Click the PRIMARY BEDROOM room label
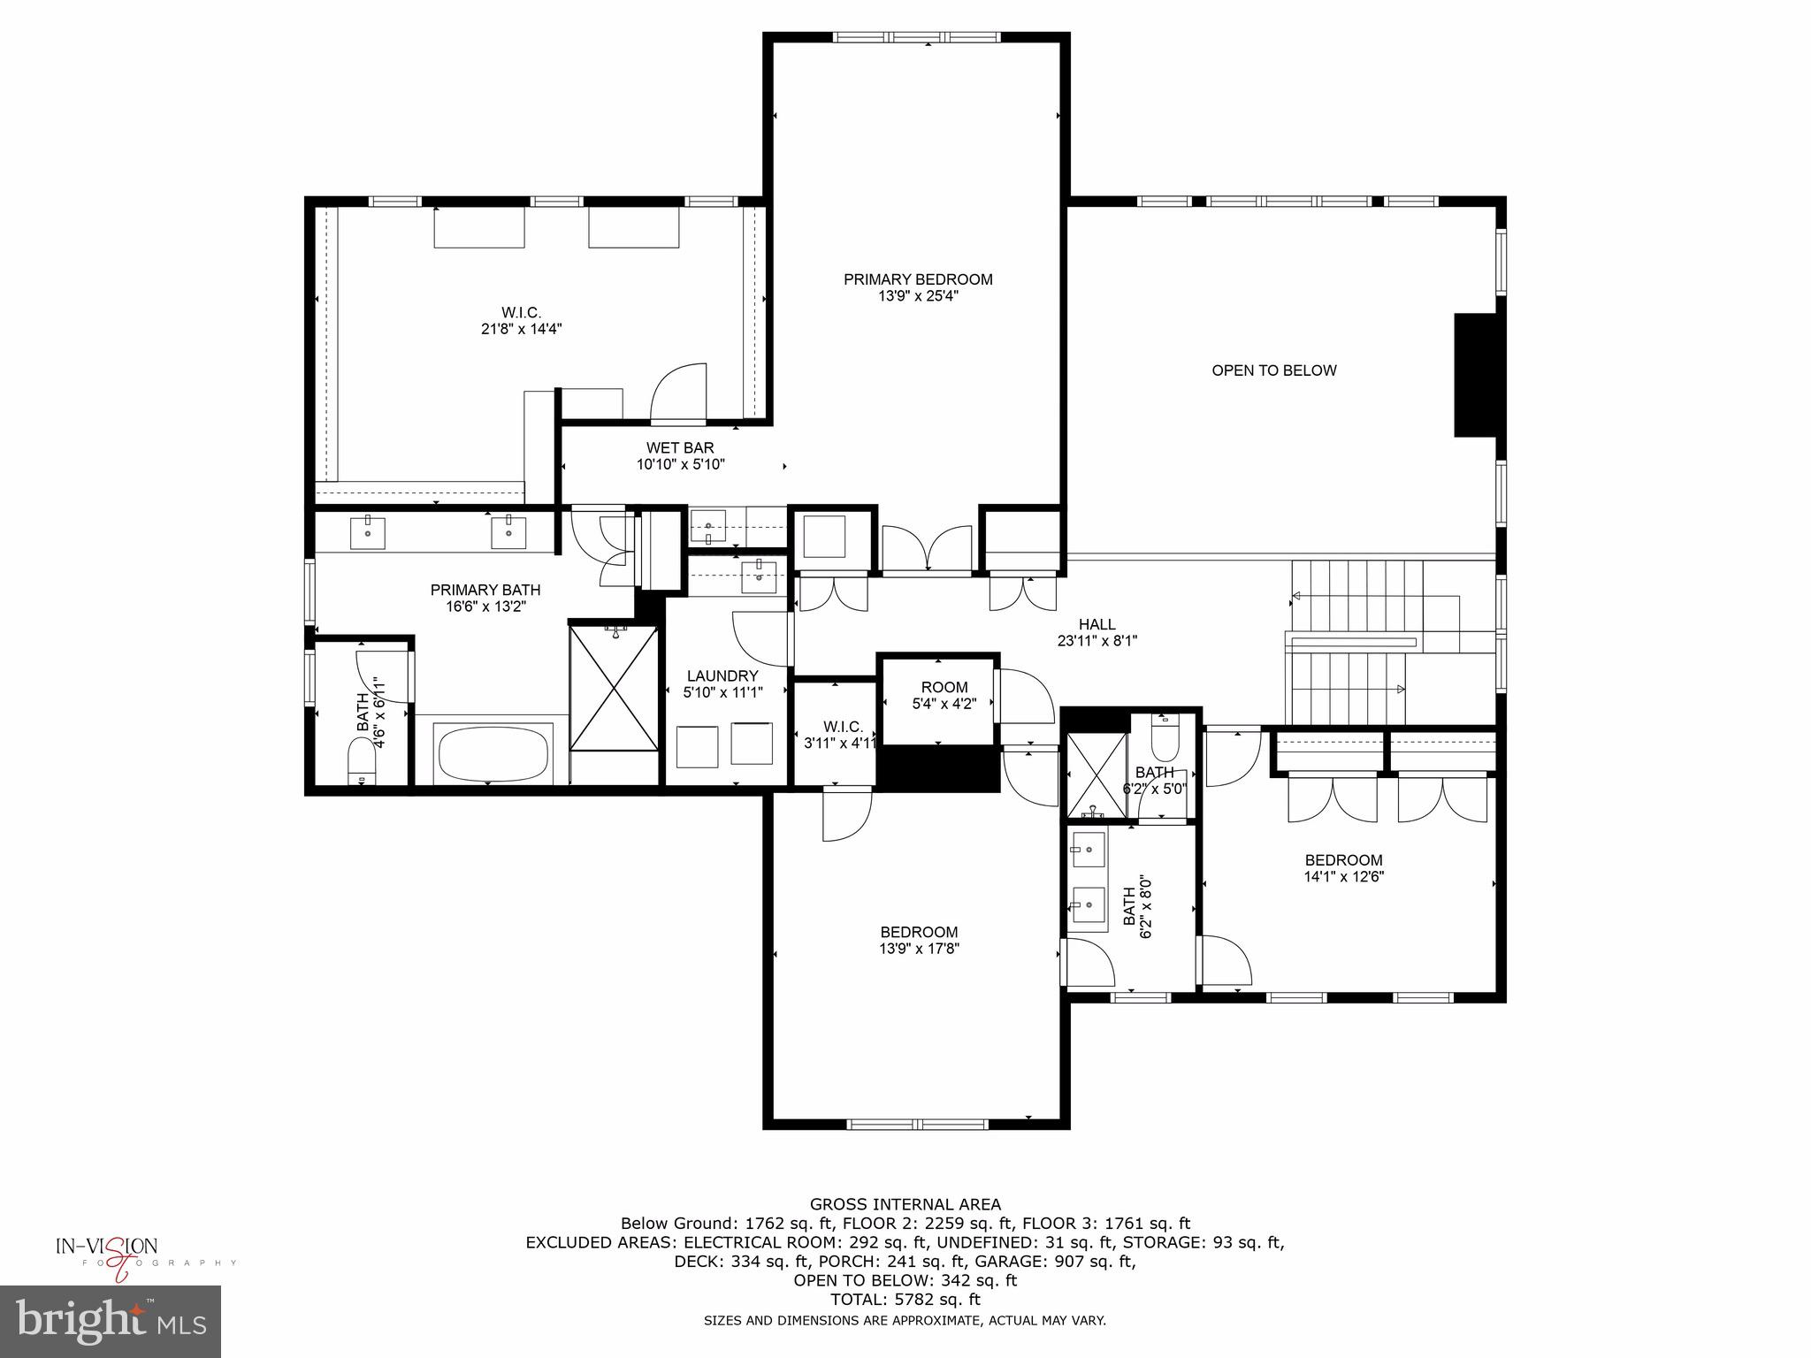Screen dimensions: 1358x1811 pos(918,280)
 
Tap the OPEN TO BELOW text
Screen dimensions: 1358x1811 pos(1273,371)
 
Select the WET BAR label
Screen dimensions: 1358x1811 pos(680,448)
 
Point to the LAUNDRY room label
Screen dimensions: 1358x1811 pos(722,676)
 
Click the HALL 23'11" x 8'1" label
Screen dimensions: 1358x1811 pos(1097,633)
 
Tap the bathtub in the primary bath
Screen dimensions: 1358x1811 pos(492,753)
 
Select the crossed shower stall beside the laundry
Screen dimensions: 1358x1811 pos(614,688)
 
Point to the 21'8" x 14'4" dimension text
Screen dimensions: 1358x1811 pos(521,329)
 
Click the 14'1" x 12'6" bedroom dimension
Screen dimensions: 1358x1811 pos(1343,877)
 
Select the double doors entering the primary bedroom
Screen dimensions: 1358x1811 pos(927,550)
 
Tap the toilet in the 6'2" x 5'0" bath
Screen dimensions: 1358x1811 pos(1165,739)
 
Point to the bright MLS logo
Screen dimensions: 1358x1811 pos(111,1321)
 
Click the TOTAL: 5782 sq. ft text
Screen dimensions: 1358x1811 pos(905,1300)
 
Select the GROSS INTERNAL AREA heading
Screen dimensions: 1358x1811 pos(905,1204)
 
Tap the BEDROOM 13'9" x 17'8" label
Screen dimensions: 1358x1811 pos(919,940)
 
